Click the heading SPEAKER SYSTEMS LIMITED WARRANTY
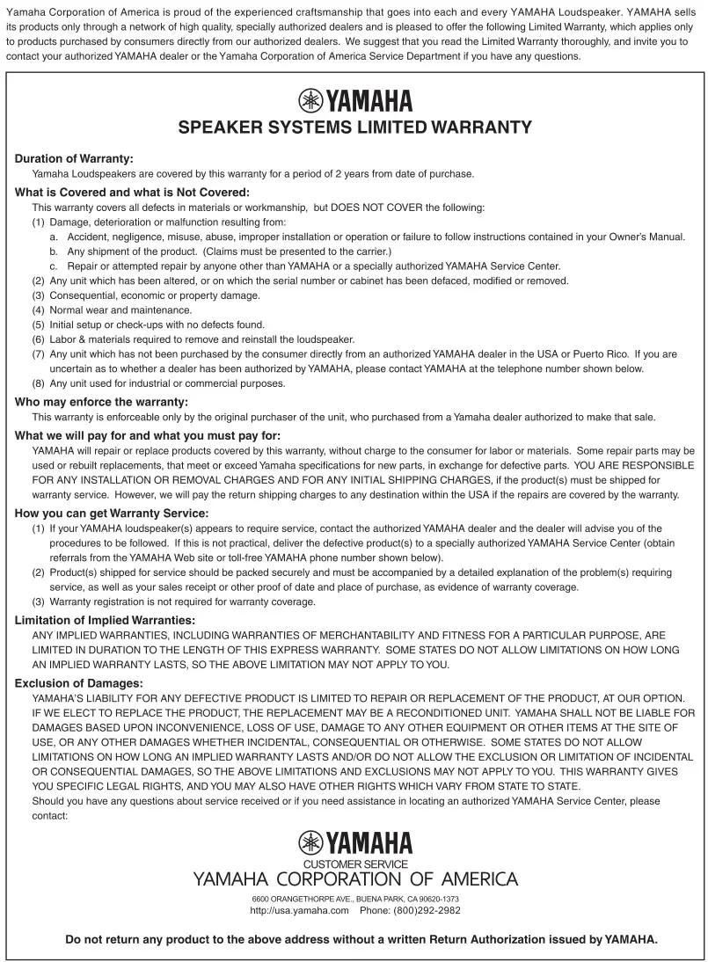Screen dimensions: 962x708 354,128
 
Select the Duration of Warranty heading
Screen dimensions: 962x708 74,159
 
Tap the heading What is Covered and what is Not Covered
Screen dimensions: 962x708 133,193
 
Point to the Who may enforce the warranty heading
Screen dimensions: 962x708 101,402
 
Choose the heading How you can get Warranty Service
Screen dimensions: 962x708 112,513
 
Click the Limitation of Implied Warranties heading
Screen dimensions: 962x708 105,620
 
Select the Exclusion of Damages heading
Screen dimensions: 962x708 78,683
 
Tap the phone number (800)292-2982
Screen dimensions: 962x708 421,910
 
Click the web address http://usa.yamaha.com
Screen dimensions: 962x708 300,910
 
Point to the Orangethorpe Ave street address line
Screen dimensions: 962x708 354,899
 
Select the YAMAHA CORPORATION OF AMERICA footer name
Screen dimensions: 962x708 354,879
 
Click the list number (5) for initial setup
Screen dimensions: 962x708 39,324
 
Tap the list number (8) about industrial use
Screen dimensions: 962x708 39,383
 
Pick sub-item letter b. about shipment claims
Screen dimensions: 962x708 54,251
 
